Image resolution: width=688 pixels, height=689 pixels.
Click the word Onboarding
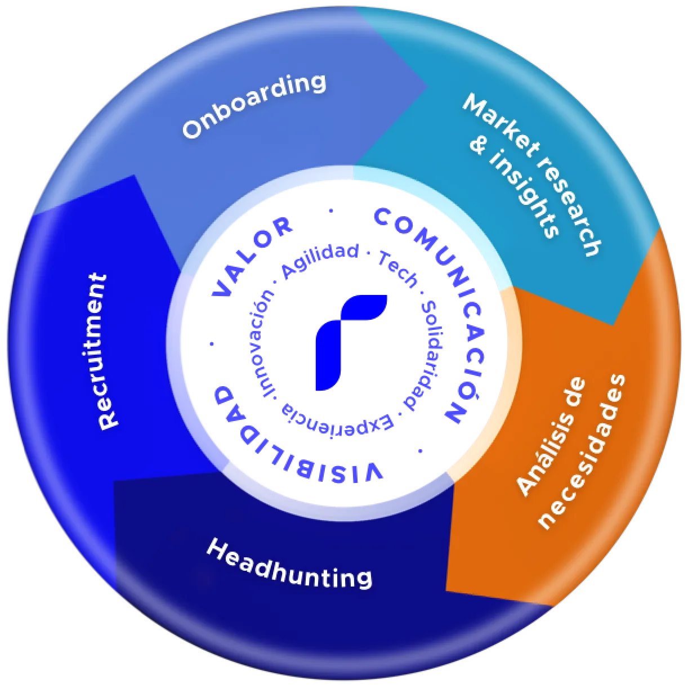tap(254, 106)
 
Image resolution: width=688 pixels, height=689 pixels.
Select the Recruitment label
tap(101, 352)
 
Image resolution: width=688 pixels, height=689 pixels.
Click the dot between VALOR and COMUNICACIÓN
tap(331, 211)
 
